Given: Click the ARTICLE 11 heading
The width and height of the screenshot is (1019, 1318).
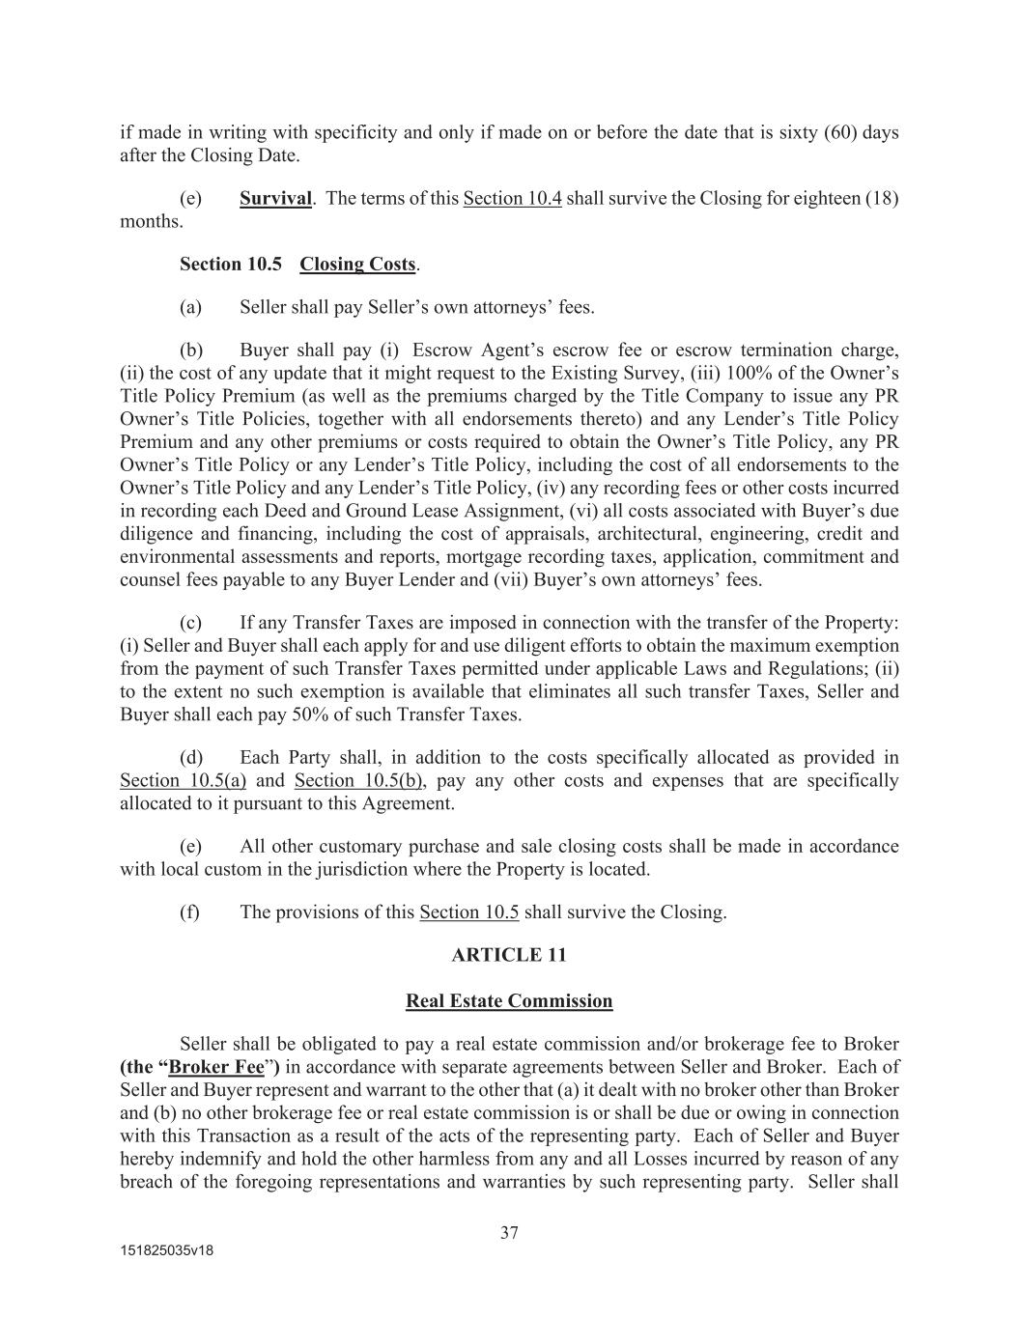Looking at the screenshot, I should (x=509, y=955).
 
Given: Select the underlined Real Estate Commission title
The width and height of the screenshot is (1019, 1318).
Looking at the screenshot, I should (x=509, y=1000).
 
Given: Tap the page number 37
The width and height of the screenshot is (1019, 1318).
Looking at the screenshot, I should (x=510, y=1232).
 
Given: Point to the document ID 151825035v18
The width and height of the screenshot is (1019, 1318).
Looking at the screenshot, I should (x=166, y=1249).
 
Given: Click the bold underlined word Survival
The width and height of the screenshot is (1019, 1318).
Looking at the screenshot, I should (x=275, y=198).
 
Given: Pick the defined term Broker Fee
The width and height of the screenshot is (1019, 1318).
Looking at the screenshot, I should (x=216, y=1067).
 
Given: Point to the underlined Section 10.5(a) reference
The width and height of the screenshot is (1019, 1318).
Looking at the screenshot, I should (x=183, y=780).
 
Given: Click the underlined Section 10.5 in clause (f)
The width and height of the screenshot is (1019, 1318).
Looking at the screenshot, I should (x=468, y=911).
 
